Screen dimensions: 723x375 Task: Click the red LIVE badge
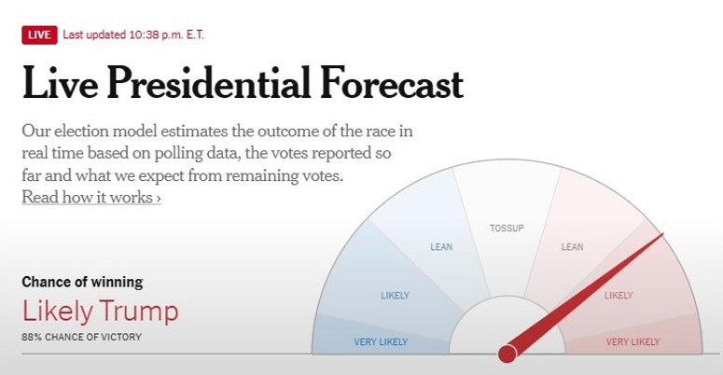[39, 35]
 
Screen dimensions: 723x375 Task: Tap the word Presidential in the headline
[208, 83]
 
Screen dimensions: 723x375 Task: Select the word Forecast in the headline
[392, 83]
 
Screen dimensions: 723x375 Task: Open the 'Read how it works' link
[91, 197]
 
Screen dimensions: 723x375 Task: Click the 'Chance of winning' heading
[82, 282]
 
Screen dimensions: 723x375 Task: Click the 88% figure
[32, 337]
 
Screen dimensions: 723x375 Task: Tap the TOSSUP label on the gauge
[507, 229]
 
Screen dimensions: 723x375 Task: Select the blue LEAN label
[441, 247]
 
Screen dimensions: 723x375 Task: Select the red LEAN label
[572, 247]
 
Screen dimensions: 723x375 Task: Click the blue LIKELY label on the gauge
[395, 295]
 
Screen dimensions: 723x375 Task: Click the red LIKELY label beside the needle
[619, 295]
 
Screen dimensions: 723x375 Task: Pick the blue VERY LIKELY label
[381, 341]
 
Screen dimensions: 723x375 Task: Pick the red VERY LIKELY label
[633, 341]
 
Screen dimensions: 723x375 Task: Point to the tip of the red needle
[663, 234]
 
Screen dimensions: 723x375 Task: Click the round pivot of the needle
[507, 354]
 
